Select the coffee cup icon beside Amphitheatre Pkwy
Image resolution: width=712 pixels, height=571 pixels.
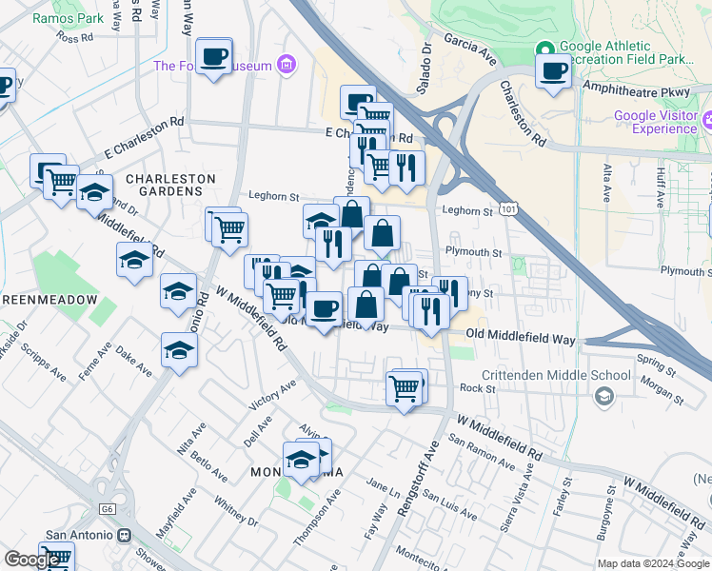click(553, 70)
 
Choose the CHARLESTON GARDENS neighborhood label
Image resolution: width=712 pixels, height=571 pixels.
click(170, 178)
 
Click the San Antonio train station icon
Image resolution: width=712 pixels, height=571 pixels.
click(124, 535)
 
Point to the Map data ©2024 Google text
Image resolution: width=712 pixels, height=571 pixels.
click(652, 562)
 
